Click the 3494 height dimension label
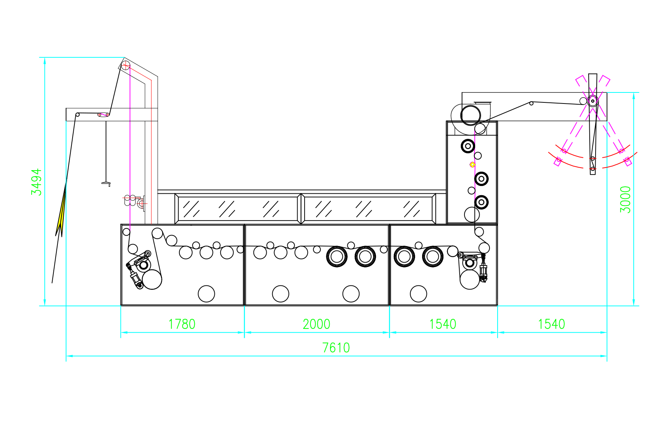coord(36,182)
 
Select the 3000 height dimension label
coord(625,200)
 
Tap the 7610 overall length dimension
coord(336,348)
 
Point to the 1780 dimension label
coord(182,324)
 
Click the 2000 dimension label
coord(316,324)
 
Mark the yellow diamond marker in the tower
coord(473,165)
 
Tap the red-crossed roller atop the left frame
coord(126,66)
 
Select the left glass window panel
coord(238,208)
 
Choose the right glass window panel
coord(368,208)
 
